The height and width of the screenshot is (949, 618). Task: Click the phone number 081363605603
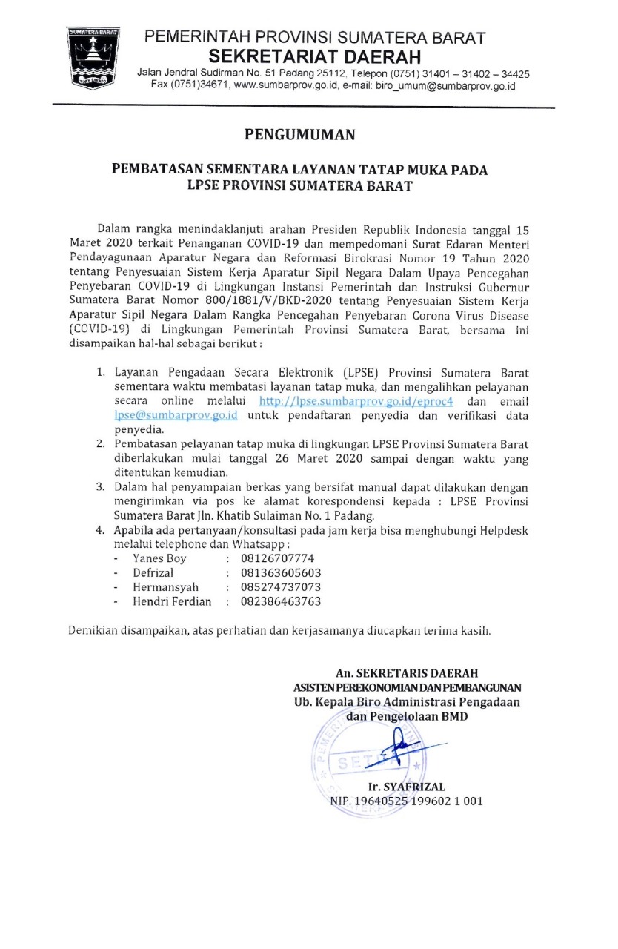(x=281, y=573)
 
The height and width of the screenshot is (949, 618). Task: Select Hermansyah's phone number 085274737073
(x=281, y=587)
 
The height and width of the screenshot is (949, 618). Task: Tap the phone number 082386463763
(x=281, y=601)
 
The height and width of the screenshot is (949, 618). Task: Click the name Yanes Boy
(x=159, y=558)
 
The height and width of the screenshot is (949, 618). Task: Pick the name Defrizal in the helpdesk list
(x=156, y=573)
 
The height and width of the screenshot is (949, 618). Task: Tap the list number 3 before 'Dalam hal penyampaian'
(x=100, y=487)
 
